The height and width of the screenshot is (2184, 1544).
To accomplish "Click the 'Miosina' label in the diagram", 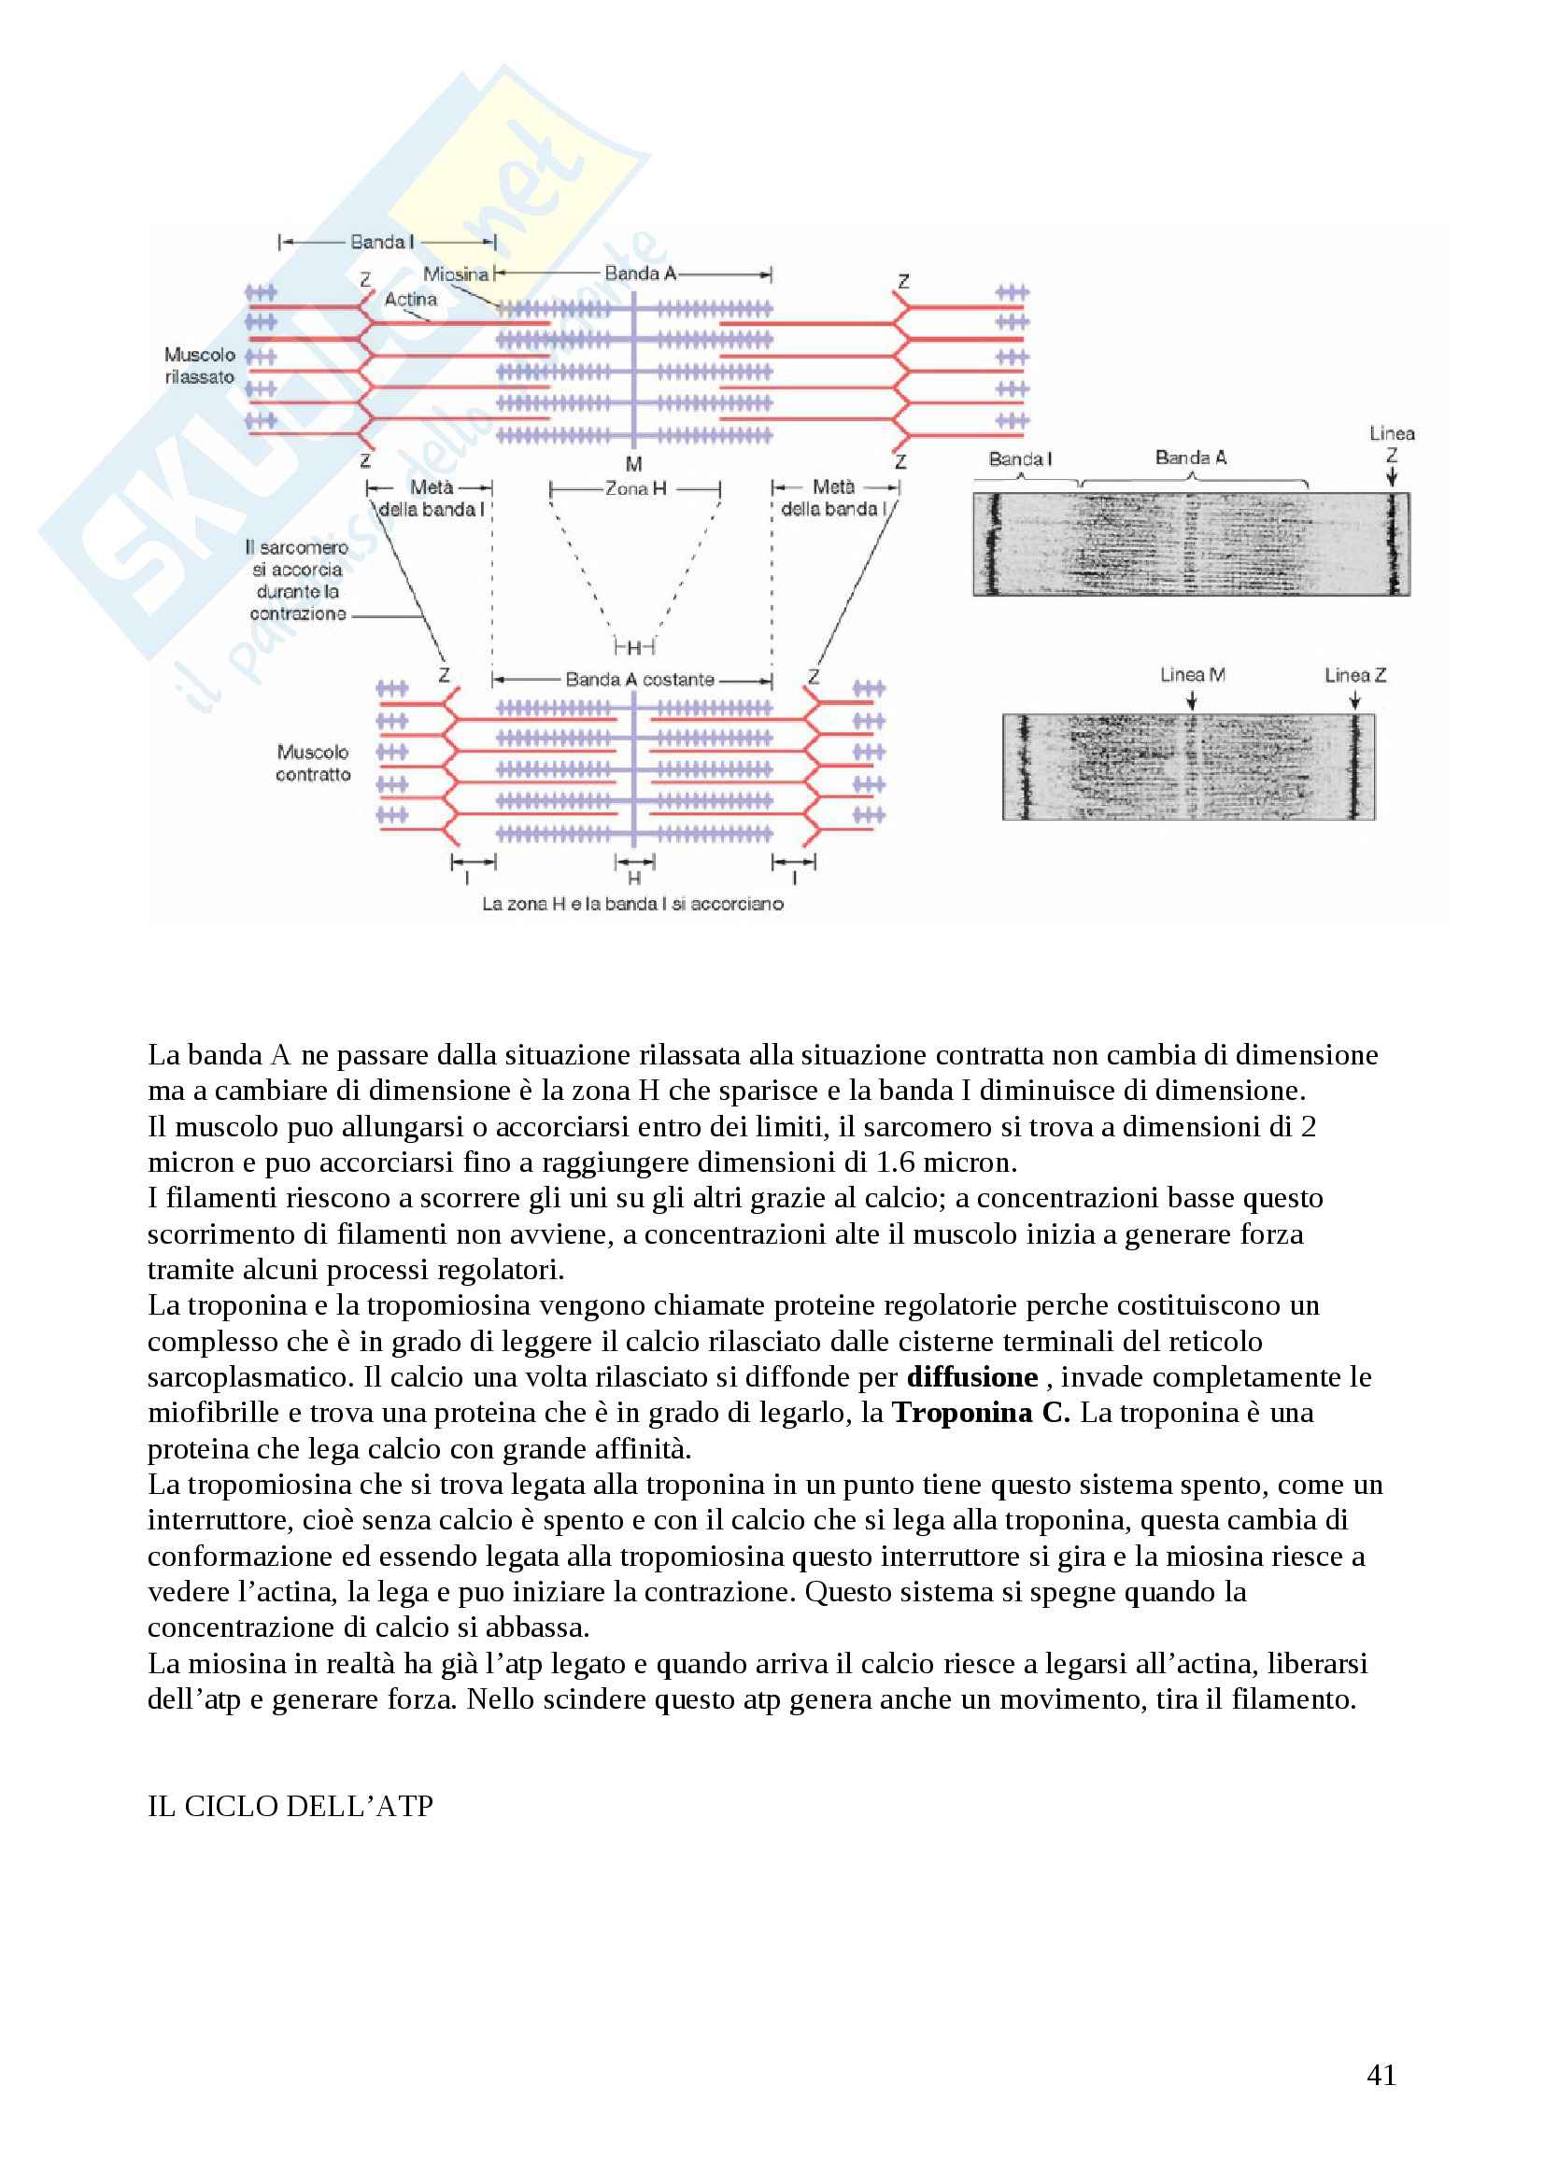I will (456, 274).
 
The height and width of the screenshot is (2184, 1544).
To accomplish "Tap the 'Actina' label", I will (410, 299).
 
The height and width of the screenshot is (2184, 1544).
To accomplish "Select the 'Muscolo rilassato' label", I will (200, 365).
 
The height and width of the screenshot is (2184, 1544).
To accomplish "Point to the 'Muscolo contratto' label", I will (313, 763).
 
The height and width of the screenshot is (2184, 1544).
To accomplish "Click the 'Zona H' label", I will (635, 488).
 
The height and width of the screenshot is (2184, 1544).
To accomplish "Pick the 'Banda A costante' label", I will (639, 679).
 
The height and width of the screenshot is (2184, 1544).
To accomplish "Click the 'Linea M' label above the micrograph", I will (1192, 674).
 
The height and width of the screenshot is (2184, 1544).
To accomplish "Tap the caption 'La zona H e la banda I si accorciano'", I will (632, 904).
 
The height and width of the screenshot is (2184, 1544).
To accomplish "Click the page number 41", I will (1381, 2075).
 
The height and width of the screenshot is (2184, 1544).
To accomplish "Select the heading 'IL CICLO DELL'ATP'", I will (290, 1806).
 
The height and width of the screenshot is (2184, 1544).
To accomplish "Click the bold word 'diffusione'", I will (971, 1376).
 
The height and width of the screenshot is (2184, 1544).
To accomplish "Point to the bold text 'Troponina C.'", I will (981, 1413).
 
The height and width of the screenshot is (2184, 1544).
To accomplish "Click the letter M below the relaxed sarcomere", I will (633, 464).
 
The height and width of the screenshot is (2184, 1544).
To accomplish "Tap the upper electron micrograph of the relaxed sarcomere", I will (1191, 544).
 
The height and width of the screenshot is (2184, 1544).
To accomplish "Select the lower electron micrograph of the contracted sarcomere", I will (1188, 767).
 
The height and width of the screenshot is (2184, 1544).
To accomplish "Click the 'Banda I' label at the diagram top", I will (381, 242).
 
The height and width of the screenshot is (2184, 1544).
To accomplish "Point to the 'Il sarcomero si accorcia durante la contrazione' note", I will (297, 580).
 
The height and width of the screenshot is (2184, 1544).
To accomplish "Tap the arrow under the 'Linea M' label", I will (1191, 700).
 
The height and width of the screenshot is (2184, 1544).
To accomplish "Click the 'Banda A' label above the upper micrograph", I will (1190, 458).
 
